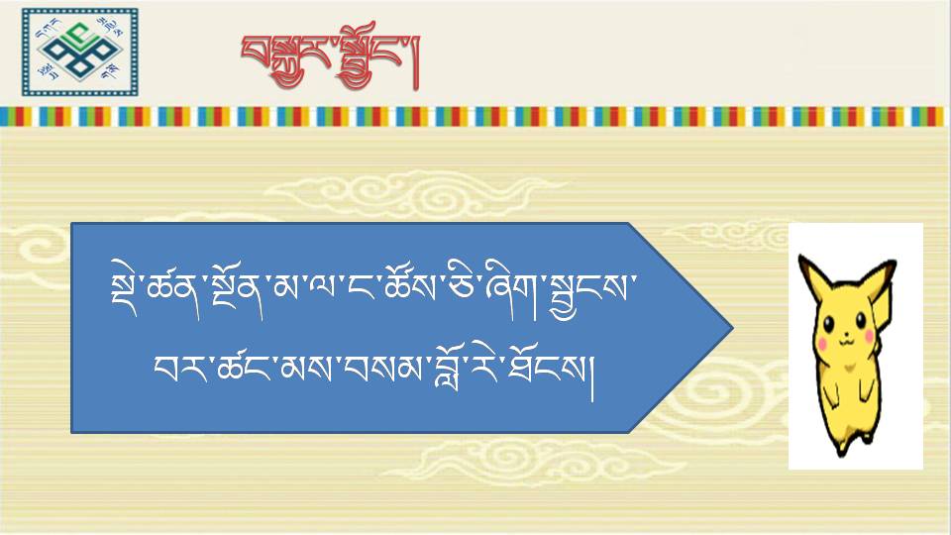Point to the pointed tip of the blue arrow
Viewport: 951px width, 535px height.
coord(733,328)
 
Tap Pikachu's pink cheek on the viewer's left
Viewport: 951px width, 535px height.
coord(823,344)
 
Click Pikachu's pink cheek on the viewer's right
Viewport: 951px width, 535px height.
coord(869,336)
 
